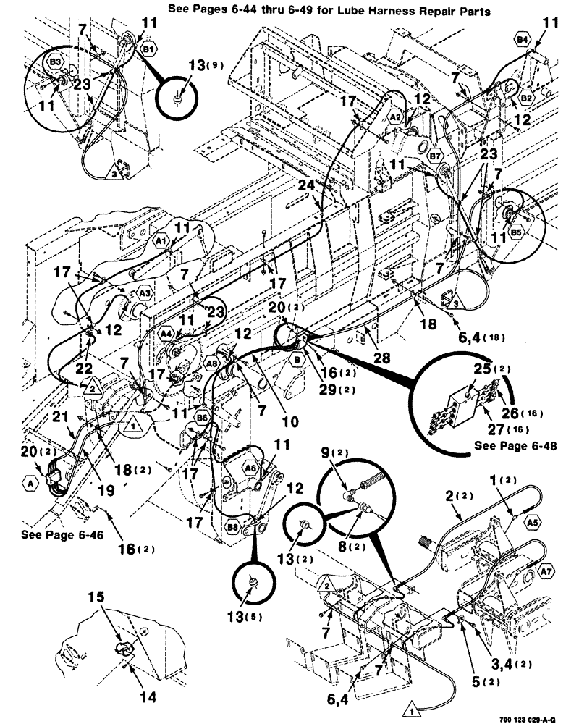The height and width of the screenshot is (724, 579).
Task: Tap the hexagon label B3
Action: [x=55, y=63]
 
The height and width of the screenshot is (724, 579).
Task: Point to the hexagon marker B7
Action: [x=435, y=156]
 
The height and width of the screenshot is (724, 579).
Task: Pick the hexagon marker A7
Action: [x=547, y=573]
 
